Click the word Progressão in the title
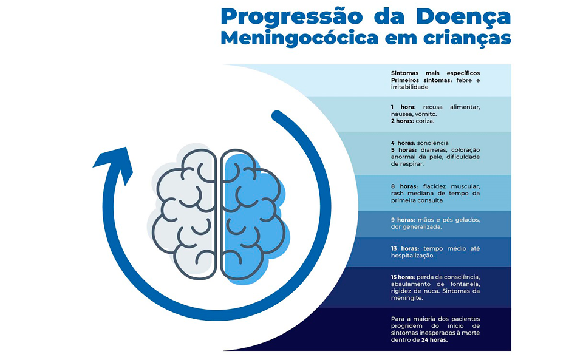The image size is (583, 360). click(291, 17)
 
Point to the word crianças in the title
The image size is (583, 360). click(465, 39)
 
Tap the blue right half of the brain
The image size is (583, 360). click(253, 216)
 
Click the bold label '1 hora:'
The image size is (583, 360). click(403, 107)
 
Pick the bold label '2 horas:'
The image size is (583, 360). click(402, 121)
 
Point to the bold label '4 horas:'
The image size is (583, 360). click(403, 143)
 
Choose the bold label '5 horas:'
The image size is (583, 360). click(404, 150)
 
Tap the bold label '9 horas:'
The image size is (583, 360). click(403, 220)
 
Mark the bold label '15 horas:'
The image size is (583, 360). click(403, 277)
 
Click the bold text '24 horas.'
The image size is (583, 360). click(434, 340)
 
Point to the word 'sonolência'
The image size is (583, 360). click(433, 143)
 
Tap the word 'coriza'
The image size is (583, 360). click(424, 121)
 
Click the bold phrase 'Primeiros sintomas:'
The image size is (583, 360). click(421, 80)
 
